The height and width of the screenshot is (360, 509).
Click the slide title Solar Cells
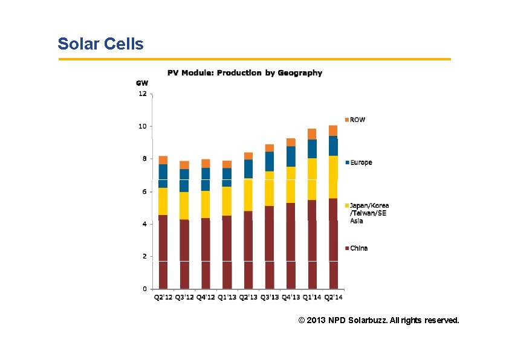pos(100,44)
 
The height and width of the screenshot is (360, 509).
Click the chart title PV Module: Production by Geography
pos(244,73)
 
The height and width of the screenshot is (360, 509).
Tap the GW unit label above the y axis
pos(141,83)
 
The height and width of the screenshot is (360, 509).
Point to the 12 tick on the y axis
pos(143,94)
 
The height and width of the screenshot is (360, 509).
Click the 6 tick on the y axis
pos(143,191)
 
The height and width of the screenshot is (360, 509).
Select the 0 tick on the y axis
pos(144,289)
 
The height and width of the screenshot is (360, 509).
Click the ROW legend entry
pos(357,120)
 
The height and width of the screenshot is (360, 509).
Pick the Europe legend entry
pos(360,162)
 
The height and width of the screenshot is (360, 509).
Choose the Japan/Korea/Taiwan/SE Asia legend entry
pos(369,213)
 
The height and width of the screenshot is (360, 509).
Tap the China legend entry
pos(358,248)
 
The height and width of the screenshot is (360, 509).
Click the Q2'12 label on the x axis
pos(163,297)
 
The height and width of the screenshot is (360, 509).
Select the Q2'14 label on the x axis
pos(333,297)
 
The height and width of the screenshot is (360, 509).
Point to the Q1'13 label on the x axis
pos(227,297)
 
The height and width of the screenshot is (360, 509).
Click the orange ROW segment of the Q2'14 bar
pos(333,130)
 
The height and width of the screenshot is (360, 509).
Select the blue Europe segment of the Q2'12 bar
pos(163,176)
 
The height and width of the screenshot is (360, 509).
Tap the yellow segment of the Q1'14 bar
pos(312,179)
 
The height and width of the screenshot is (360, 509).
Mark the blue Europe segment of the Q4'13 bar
pos(291,156)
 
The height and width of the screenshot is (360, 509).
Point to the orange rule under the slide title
pos(254,59)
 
